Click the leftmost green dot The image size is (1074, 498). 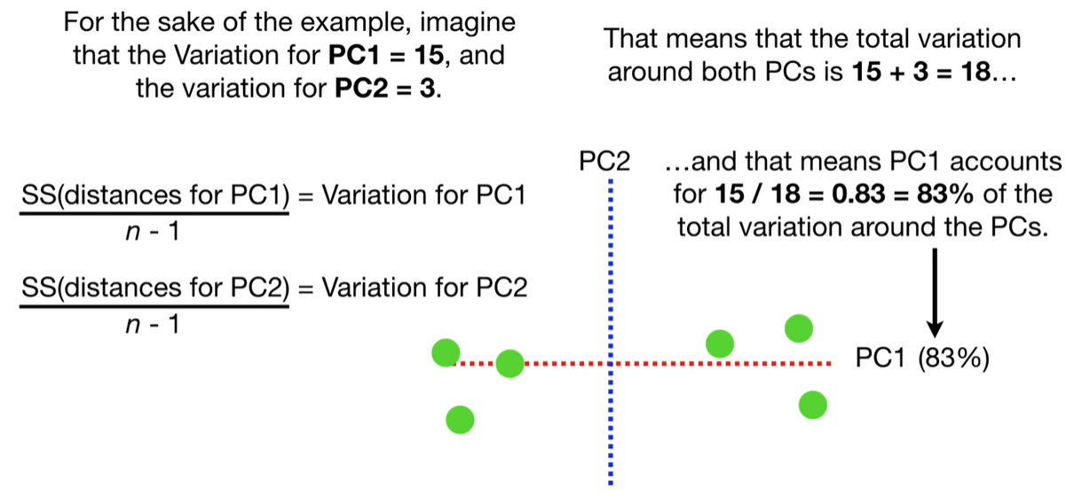point(445,353)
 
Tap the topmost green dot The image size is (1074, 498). point(799,328)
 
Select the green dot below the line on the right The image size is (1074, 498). point(812,406)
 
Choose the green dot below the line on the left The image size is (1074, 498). point(459,418)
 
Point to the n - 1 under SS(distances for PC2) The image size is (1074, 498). point(154,325)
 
